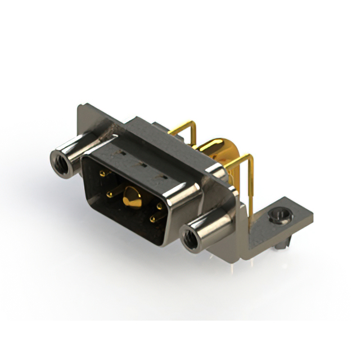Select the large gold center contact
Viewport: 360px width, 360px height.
[133, 196]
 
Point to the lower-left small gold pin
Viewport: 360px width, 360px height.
[110, 195]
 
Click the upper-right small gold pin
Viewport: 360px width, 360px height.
[160, 206]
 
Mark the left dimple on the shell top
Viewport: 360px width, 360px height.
[120, 153]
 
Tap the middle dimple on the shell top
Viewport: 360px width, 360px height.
[141, 165]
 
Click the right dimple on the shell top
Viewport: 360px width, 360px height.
[164, 177]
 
